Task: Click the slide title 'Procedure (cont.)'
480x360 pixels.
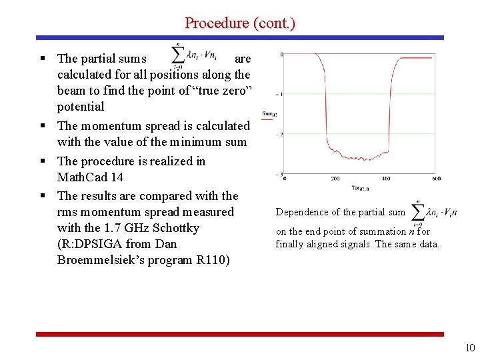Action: coord(240,23)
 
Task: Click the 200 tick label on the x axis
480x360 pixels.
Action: coord(335,179)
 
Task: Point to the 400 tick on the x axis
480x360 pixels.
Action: coord(386,179)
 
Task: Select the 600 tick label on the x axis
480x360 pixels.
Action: coord(435,179)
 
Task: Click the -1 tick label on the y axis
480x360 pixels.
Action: coord(281,94)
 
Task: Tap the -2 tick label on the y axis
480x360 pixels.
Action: coord(281,134)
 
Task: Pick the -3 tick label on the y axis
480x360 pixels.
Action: coord(281,175)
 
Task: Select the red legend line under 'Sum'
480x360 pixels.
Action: coord(269,120)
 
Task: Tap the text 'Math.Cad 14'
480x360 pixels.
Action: coord(90,177)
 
